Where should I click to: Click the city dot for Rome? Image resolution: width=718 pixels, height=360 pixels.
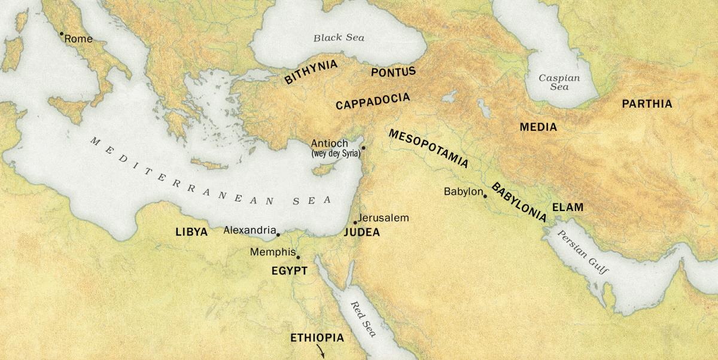pos(61,34)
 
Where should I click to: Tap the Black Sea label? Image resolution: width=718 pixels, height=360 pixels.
pos(339,38)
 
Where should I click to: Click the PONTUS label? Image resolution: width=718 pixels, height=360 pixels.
pos(393,72)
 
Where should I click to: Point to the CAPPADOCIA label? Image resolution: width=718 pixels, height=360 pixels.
pos(373,101)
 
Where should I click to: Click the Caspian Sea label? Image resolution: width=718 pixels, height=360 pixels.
pos(559,82)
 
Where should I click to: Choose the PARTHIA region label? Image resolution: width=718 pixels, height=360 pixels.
pos(647,104)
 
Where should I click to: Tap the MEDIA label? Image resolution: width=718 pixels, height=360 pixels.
pos(538,127)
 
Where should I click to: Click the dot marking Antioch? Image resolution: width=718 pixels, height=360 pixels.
pos(363,148)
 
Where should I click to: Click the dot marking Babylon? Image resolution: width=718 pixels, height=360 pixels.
pos(485,196)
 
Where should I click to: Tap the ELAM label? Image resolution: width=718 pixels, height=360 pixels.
pos(567,208)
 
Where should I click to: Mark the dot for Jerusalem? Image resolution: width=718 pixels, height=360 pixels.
pos(355,222)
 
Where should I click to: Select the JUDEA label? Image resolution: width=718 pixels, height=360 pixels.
pos(362,233)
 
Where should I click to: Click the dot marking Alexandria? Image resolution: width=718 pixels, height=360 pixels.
pos(278,234)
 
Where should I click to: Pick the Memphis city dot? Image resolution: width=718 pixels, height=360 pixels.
pos(298,258)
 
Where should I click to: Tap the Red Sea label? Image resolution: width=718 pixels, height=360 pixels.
pos(363,319)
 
